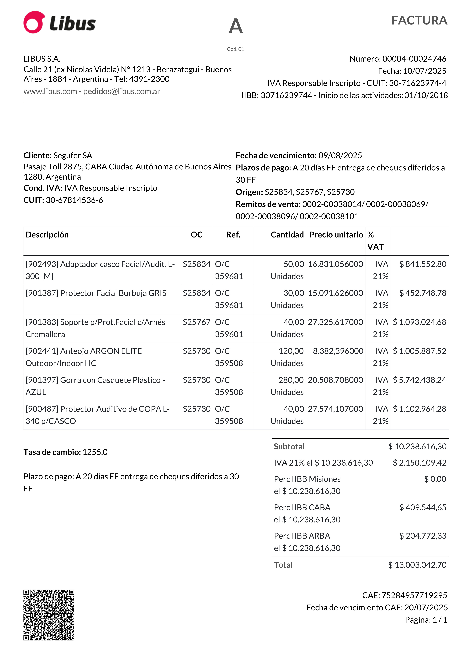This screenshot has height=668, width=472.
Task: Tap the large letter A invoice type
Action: [x=236, y=26]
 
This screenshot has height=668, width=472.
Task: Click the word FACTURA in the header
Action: [x=419, y=20]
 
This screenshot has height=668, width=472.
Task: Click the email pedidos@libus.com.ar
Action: [x=122, y=91]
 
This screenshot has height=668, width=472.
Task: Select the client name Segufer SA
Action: [x=73, y=155]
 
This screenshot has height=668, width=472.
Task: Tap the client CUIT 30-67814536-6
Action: [x=74, y=200]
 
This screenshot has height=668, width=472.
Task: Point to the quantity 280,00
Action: [x=291, y=380]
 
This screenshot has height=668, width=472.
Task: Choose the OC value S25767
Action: [x=196, y=322]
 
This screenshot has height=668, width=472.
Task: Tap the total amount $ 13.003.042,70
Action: [x=417, y=565]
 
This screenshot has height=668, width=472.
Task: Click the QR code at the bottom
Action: [x=49, y=615]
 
